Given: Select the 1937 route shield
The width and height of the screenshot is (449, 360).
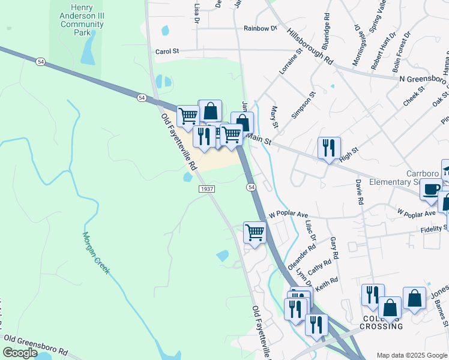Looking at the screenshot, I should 206,189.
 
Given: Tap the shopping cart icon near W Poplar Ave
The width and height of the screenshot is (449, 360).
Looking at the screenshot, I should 255,232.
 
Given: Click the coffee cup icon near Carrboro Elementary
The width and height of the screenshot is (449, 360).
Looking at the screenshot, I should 430,190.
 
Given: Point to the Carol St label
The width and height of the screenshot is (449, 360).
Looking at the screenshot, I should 167,52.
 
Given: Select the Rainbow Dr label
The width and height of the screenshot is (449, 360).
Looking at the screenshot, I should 260,28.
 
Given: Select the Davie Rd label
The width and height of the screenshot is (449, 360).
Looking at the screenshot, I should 359,190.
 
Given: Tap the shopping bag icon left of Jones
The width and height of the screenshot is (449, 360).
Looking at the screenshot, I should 390,308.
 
